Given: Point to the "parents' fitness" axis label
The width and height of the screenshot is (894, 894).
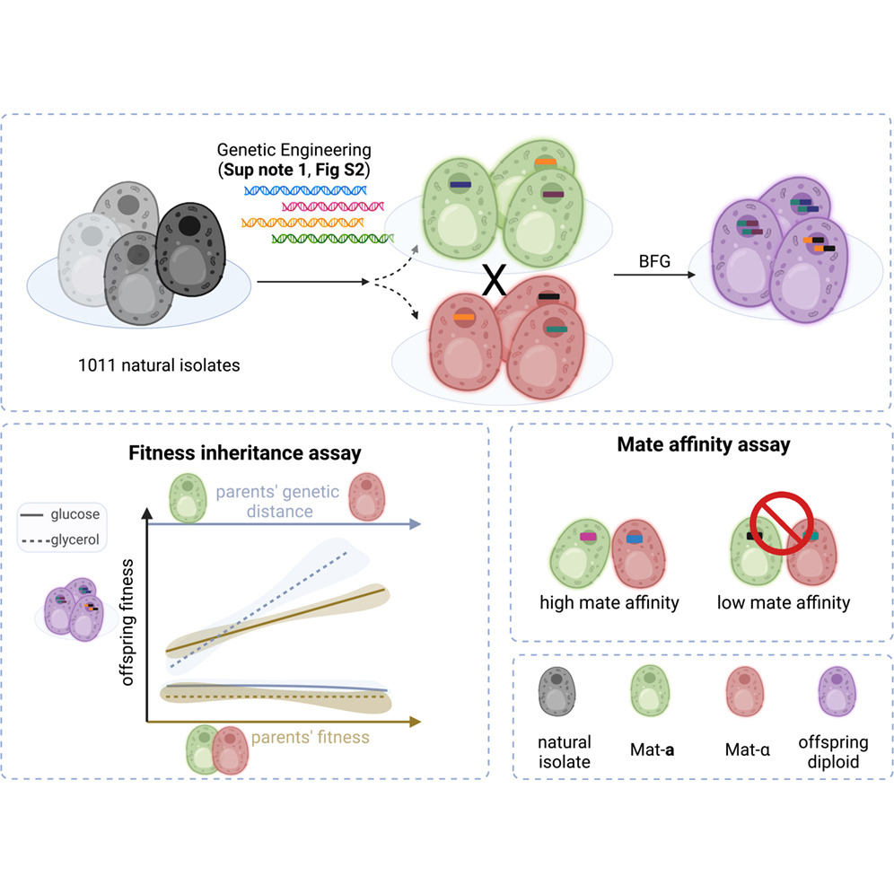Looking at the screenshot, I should pos(310,738).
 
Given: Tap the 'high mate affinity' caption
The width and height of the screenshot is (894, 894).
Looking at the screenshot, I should pos(609,602).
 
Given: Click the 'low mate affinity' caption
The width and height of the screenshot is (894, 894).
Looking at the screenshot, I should pos(783,602).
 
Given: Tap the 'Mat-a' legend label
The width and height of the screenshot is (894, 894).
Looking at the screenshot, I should pos(653,744).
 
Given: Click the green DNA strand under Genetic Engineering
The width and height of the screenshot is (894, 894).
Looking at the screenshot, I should pos(332,239).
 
